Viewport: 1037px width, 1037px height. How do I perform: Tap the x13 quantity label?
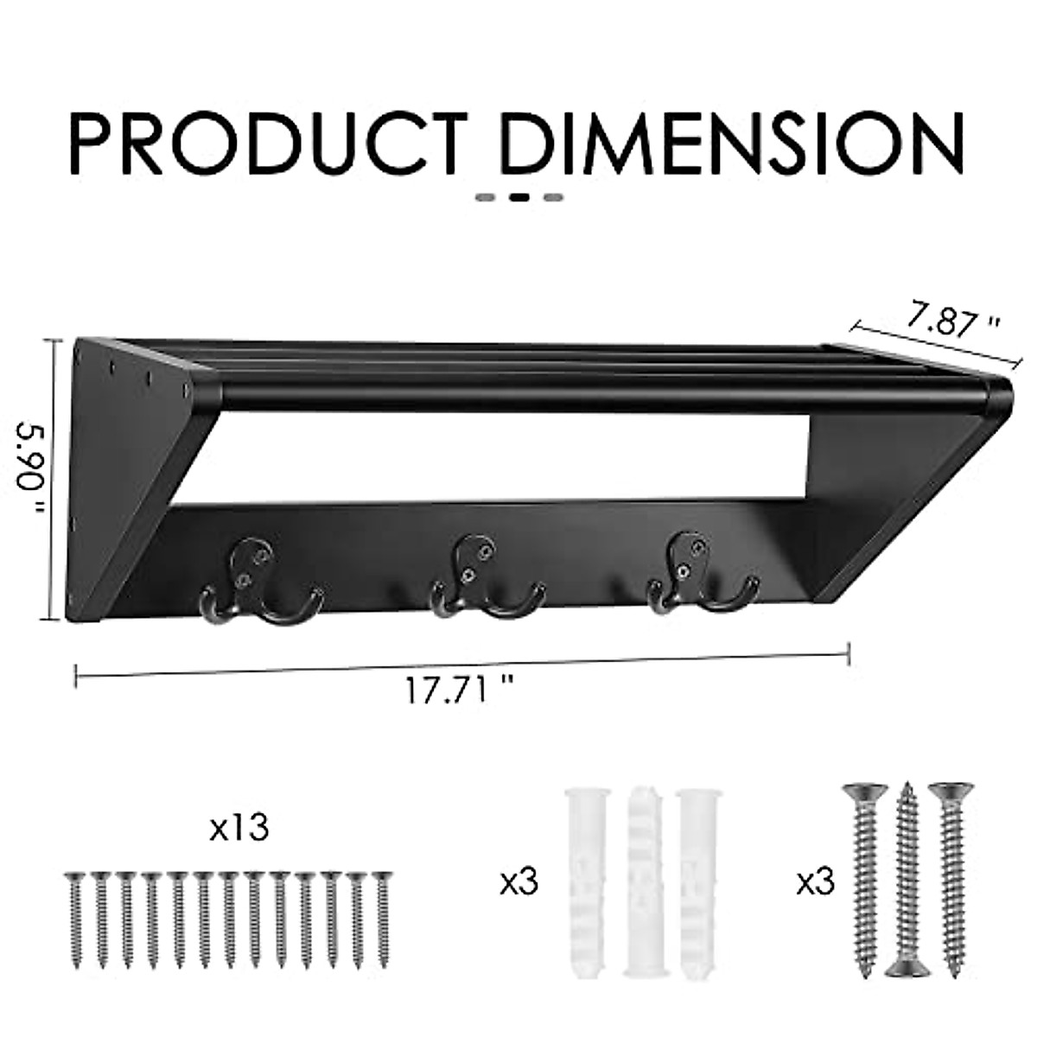(x=239, y=828)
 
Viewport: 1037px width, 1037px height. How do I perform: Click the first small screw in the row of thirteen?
(x=75, y=920)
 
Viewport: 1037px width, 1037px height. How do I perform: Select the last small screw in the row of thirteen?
(x=381, y=920)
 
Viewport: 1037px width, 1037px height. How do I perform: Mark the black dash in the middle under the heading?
(x=519, y=197)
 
